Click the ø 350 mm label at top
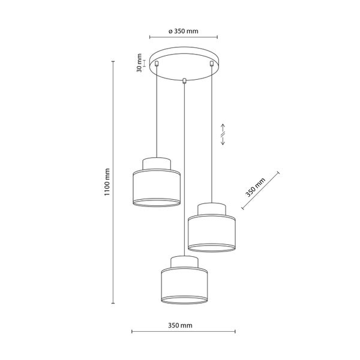[x=183, y=31]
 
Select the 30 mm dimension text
[x=139, y=62]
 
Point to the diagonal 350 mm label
[x=255, y=188]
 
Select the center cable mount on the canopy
[x=184, y=79]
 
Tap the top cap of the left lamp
[x=156, y=163]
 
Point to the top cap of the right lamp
[x=211, y=208]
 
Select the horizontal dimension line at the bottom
[x=184, y=332]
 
